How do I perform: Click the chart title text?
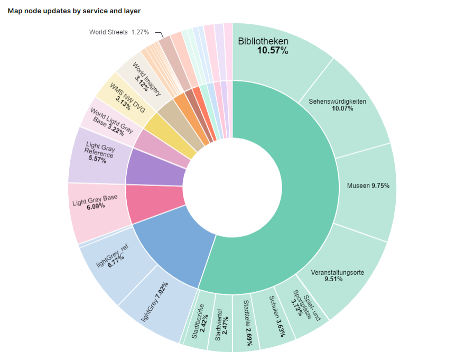(74, 11)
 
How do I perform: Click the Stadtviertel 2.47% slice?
(220, 328)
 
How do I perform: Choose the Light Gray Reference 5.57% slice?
(98, 153)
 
